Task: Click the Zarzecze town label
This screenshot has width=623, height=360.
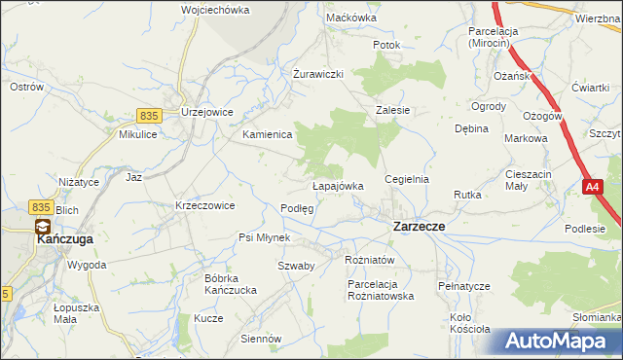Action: click(x=419, y=226)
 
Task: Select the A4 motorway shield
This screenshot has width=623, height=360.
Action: click(x=593, y=185)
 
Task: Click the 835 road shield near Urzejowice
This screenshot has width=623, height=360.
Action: click(x=148, y=115)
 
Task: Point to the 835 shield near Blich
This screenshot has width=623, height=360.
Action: click(x=40, y=206)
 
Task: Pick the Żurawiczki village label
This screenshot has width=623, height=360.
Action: click(x=319, y=74)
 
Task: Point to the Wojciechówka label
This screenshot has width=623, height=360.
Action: click(x=215, y=10)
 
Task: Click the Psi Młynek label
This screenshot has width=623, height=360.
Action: click(x=265, y=237)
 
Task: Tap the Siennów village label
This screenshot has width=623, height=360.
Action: click(x=261, y=339)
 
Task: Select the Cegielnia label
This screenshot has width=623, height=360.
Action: click(x=407, y=180)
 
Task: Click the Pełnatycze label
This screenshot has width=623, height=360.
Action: click(x=463, y=286)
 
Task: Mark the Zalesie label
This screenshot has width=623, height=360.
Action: click(x=393, y=111)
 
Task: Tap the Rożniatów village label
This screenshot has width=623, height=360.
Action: click(x=369, y=260)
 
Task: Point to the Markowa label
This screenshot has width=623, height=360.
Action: click(x=526, y=138)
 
